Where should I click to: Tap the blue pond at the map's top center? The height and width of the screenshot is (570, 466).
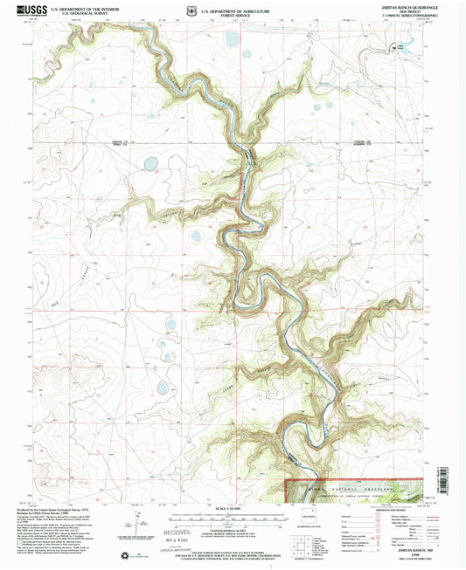[232, 38]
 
